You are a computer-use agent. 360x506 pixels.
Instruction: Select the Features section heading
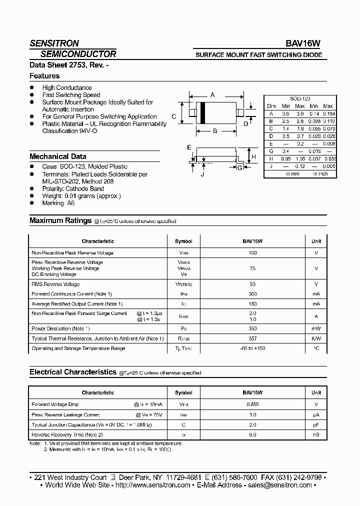[x=44, y=76]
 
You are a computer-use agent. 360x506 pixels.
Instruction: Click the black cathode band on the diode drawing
[x=203, y=113]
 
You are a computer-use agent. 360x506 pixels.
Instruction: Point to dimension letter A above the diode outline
[x=212, y=95]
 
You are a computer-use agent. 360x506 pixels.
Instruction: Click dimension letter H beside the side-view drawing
[x=254, y=157]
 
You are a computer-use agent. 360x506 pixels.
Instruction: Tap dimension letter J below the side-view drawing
[x=202, y=174]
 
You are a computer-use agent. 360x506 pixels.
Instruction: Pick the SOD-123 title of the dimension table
[x=299, y=99]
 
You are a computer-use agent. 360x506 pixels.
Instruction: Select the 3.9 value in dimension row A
[x=299, y=113]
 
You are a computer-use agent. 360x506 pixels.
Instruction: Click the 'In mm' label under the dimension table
[x=292, y=173]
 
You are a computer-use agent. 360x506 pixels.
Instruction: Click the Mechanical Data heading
[x=57, y=156]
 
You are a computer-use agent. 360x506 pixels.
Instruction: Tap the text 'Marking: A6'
[x=58, y=203]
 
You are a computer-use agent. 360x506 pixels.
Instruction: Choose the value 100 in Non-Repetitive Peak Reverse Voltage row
[x=252, y=253]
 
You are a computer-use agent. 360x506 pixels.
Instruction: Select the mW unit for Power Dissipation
[x=316, y=329]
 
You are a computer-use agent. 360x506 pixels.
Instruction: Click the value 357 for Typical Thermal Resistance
[x=252, y=338]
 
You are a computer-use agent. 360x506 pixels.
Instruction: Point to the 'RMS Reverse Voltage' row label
[x=55, y=284]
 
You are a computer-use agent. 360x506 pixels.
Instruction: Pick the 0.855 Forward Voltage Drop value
[x=252, y=404]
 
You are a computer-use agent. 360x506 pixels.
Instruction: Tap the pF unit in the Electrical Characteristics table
[x=316, y=424]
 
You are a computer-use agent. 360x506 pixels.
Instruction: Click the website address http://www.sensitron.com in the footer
[x=152, y=485]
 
